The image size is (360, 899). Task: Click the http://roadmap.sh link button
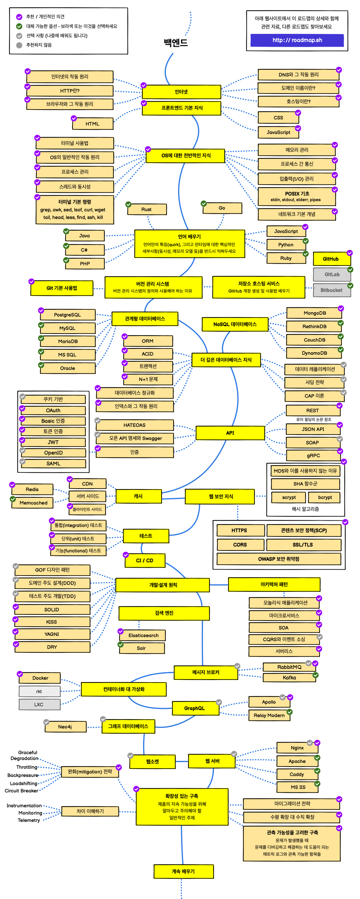click(297, 40)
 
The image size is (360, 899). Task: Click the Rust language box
click(146, 209)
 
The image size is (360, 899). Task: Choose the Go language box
click(222, 208)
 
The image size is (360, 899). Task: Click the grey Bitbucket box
click(331, 290)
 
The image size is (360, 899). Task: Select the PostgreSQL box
click(67, 315)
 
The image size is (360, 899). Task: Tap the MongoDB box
click(314, 313)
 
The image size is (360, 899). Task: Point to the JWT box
click(53, 442)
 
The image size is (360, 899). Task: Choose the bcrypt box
click(325, 497)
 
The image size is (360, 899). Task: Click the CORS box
click(240, 545)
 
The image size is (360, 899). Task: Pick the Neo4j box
click(65, 727)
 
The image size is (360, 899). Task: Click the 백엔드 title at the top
click(176, 43)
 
